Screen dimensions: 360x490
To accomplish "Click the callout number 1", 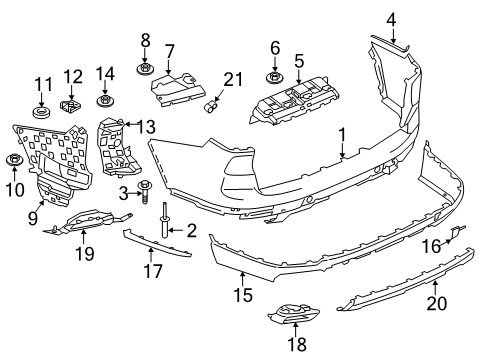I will click(342, 133).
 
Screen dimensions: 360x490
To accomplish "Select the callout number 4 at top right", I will click(392, 17).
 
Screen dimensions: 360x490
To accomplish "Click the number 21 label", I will click(233, 79).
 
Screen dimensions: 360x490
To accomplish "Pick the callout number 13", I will click(147, 126).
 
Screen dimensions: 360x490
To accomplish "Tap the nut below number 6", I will click(273, 77).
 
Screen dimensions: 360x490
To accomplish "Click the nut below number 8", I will click(144, 70).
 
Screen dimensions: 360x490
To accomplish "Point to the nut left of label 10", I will click(15, 160).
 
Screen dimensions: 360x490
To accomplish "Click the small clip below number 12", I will click(71, 105).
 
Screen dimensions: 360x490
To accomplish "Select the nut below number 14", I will click(105, 101).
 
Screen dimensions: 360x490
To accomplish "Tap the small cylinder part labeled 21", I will click(212, 103).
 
